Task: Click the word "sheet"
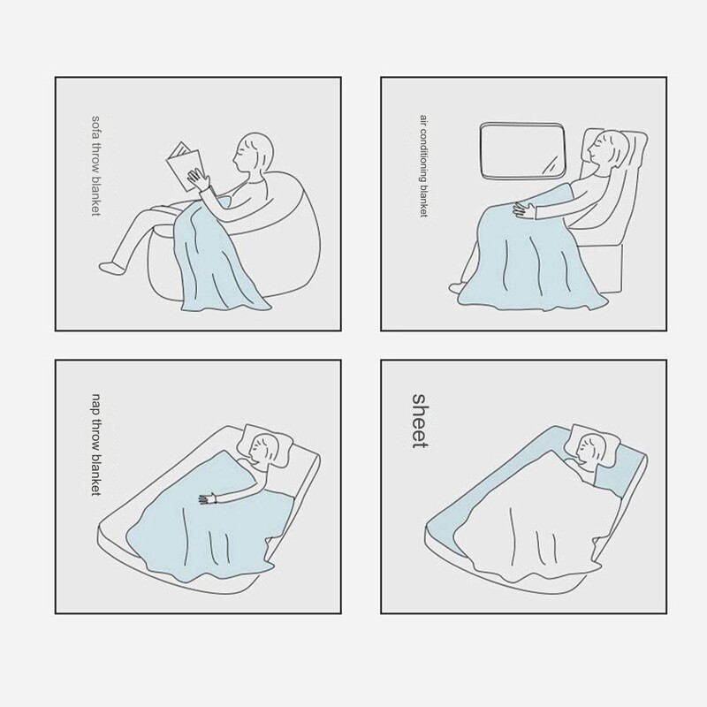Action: tap(419, 421)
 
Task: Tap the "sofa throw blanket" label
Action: tap(96, 166)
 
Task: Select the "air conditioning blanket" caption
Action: tap(423, 166)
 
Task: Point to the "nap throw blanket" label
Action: tap(96, 445)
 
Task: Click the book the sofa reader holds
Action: tap(185, 165)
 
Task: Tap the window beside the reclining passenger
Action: tap(522, 149)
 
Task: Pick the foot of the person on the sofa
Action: tap(111, 268)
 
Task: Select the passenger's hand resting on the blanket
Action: tap(523, 210)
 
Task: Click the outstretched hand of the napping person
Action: tap(208, 498)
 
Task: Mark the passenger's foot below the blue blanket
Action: tap(456, 287)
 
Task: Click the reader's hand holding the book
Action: tap(199, 179)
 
